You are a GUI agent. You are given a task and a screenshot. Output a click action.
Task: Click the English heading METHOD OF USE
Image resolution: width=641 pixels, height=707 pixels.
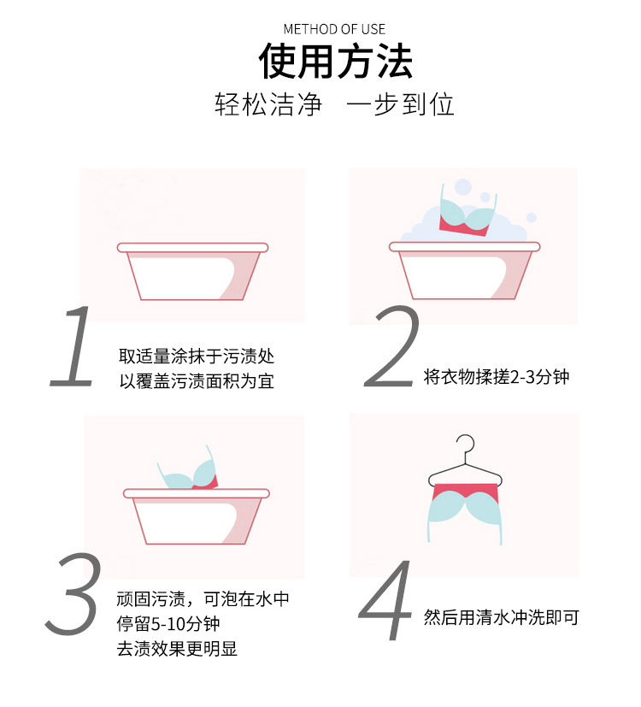tap(334, 29)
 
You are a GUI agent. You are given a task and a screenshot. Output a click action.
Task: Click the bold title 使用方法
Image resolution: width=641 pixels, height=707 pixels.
tap(335, 62)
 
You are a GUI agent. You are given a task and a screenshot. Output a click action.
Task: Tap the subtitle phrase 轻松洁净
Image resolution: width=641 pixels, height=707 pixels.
tap(268, 105)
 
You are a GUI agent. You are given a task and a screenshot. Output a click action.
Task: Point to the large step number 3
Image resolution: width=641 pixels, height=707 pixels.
tap(74, 592)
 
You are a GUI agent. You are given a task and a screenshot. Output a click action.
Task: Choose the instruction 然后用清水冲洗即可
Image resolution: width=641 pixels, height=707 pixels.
tap(502, 616)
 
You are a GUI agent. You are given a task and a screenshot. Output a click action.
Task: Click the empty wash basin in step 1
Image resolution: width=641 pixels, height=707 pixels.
tap(191, 272)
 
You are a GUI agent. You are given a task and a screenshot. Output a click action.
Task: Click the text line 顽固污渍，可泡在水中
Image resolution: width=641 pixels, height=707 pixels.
tap(209, 599)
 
